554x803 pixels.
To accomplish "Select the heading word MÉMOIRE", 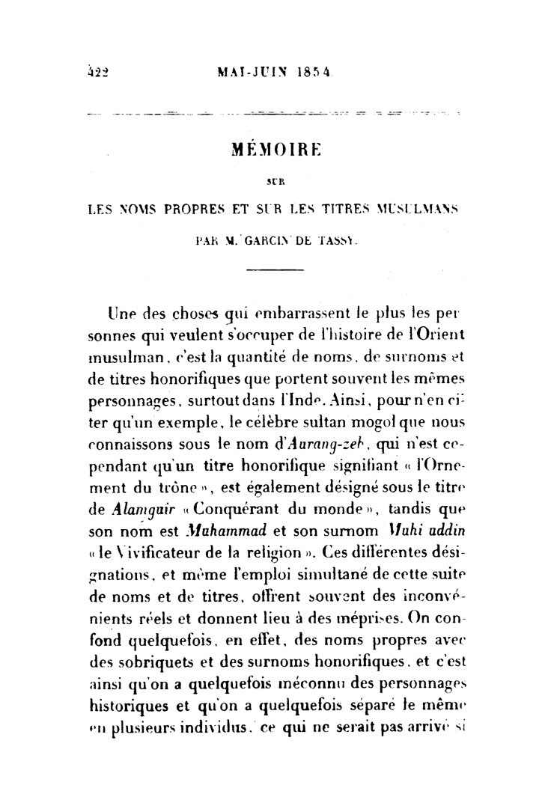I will tap(276, 149).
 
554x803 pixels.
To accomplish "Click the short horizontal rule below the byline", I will tap(277, 269).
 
